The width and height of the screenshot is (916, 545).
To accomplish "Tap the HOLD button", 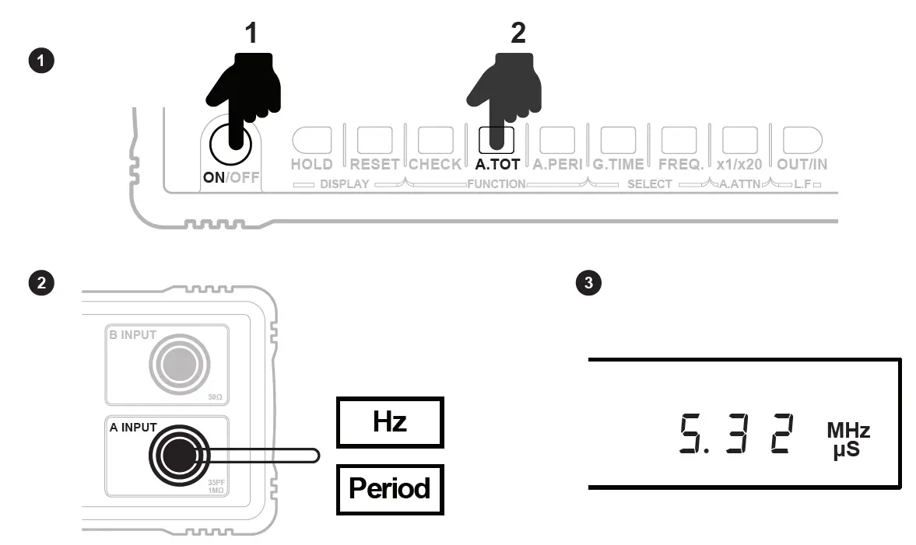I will coord(311,140).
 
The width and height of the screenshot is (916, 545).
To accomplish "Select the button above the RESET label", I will coord(374,140).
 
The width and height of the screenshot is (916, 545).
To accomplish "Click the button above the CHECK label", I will coord(435,140).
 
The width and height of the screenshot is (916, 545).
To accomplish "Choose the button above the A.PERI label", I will coord(557,140).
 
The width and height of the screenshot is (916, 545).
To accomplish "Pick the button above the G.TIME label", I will coord(618,140).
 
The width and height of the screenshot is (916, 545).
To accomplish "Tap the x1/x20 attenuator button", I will coord(739,140).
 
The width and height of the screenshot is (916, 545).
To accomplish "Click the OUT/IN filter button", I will coord(801,140).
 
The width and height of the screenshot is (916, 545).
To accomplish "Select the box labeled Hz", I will coord(389,422).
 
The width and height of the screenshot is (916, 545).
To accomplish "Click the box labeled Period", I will coord(389,489).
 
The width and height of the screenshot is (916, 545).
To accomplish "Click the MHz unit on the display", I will coord(848,431).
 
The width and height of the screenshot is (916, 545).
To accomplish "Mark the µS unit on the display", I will coord(846,449).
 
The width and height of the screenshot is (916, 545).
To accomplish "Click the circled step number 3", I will coord(588,283).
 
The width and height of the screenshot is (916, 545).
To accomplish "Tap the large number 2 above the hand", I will coord(518,33).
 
